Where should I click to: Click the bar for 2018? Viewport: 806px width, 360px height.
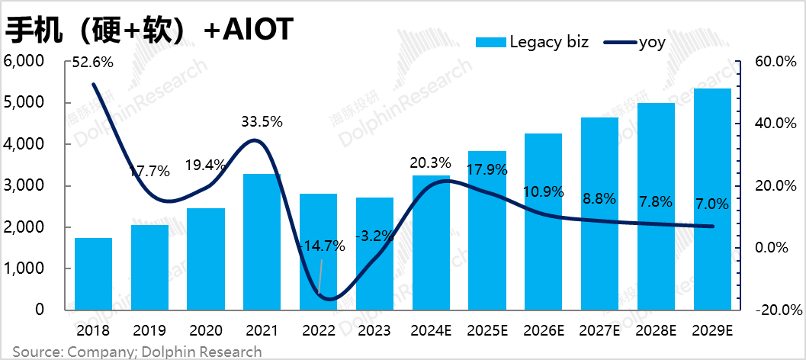[93, 275]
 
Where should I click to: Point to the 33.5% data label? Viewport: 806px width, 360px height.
[262, 121]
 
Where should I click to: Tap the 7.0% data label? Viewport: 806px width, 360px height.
[711, 204]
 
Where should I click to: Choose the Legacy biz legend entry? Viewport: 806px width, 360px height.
[531, 43]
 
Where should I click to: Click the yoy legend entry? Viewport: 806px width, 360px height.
[634, 43]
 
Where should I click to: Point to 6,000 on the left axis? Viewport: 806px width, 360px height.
[25, 61]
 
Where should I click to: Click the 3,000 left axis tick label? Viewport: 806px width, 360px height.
[25, 186]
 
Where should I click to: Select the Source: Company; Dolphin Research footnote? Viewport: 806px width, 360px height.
[137, 352]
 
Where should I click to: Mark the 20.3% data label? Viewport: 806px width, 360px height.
[430, 162]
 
